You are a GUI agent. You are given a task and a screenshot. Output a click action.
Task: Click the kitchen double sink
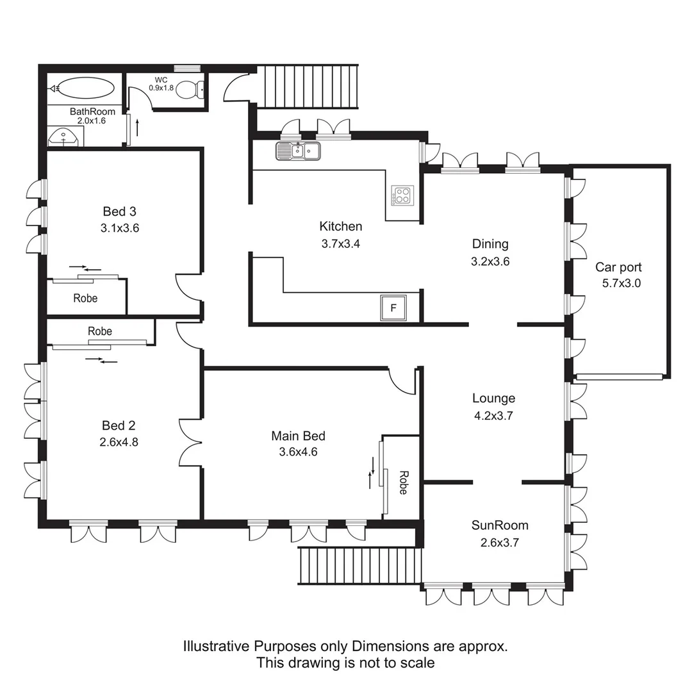tap(298, 151)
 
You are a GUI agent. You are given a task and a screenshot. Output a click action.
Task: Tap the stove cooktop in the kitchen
tap(402, 195)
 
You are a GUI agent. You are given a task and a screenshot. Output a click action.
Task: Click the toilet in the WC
tap(190, 91)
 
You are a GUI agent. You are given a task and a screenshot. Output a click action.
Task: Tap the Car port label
tap(618, 267)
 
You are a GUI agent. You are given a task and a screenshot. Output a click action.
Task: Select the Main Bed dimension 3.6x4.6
tap(299, 451)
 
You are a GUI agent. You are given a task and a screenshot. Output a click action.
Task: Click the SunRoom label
tap(500, 525)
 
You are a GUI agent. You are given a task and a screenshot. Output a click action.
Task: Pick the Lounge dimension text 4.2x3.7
tap(493, 415)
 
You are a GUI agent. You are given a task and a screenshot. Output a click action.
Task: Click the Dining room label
tap(490, 243)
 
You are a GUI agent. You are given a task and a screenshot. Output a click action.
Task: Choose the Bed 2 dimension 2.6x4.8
tap(119, 441)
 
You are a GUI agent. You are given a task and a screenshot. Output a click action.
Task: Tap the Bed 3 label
tap(120, 211)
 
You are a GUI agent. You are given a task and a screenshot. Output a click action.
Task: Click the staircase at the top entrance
tap(310, 86)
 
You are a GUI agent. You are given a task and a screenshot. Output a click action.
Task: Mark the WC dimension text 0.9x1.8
tap(161, 88)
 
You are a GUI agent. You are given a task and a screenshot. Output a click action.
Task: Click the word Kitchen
tap(340, 226)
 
